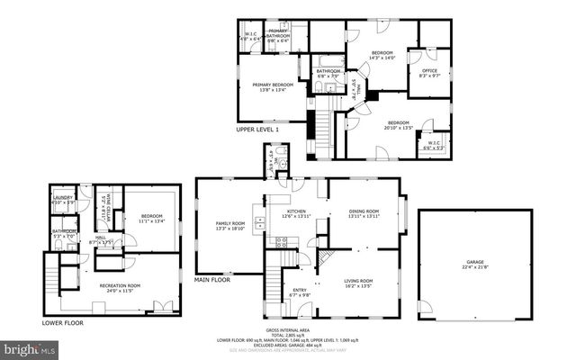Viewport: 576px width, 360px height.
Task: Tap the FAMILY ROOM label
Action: coord(229,223)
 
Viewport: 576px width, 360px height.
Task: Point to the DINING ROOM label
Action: coord(364,211)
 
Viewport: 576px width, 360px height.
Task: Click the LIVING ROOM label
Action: coord(358,282)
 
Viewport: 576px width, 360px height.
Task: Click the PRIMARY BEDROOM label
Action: coord(267,85)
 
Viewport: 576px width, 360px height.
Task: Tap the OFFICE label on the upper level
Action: coord(429,71)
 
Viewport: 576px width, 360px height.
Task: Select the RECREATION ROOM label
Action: coord(112,286)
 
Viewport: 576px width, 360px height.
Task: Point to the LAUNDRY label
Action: coord(62,197)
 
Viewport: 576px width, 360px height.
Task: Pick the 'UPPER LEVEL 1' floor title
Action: coord(257,130)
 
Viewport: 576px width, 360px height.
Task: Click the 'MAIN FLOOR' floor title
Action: coord(212,280)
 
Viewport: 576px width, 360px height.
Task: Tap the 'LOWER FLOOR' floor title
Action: coord(64,321)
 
